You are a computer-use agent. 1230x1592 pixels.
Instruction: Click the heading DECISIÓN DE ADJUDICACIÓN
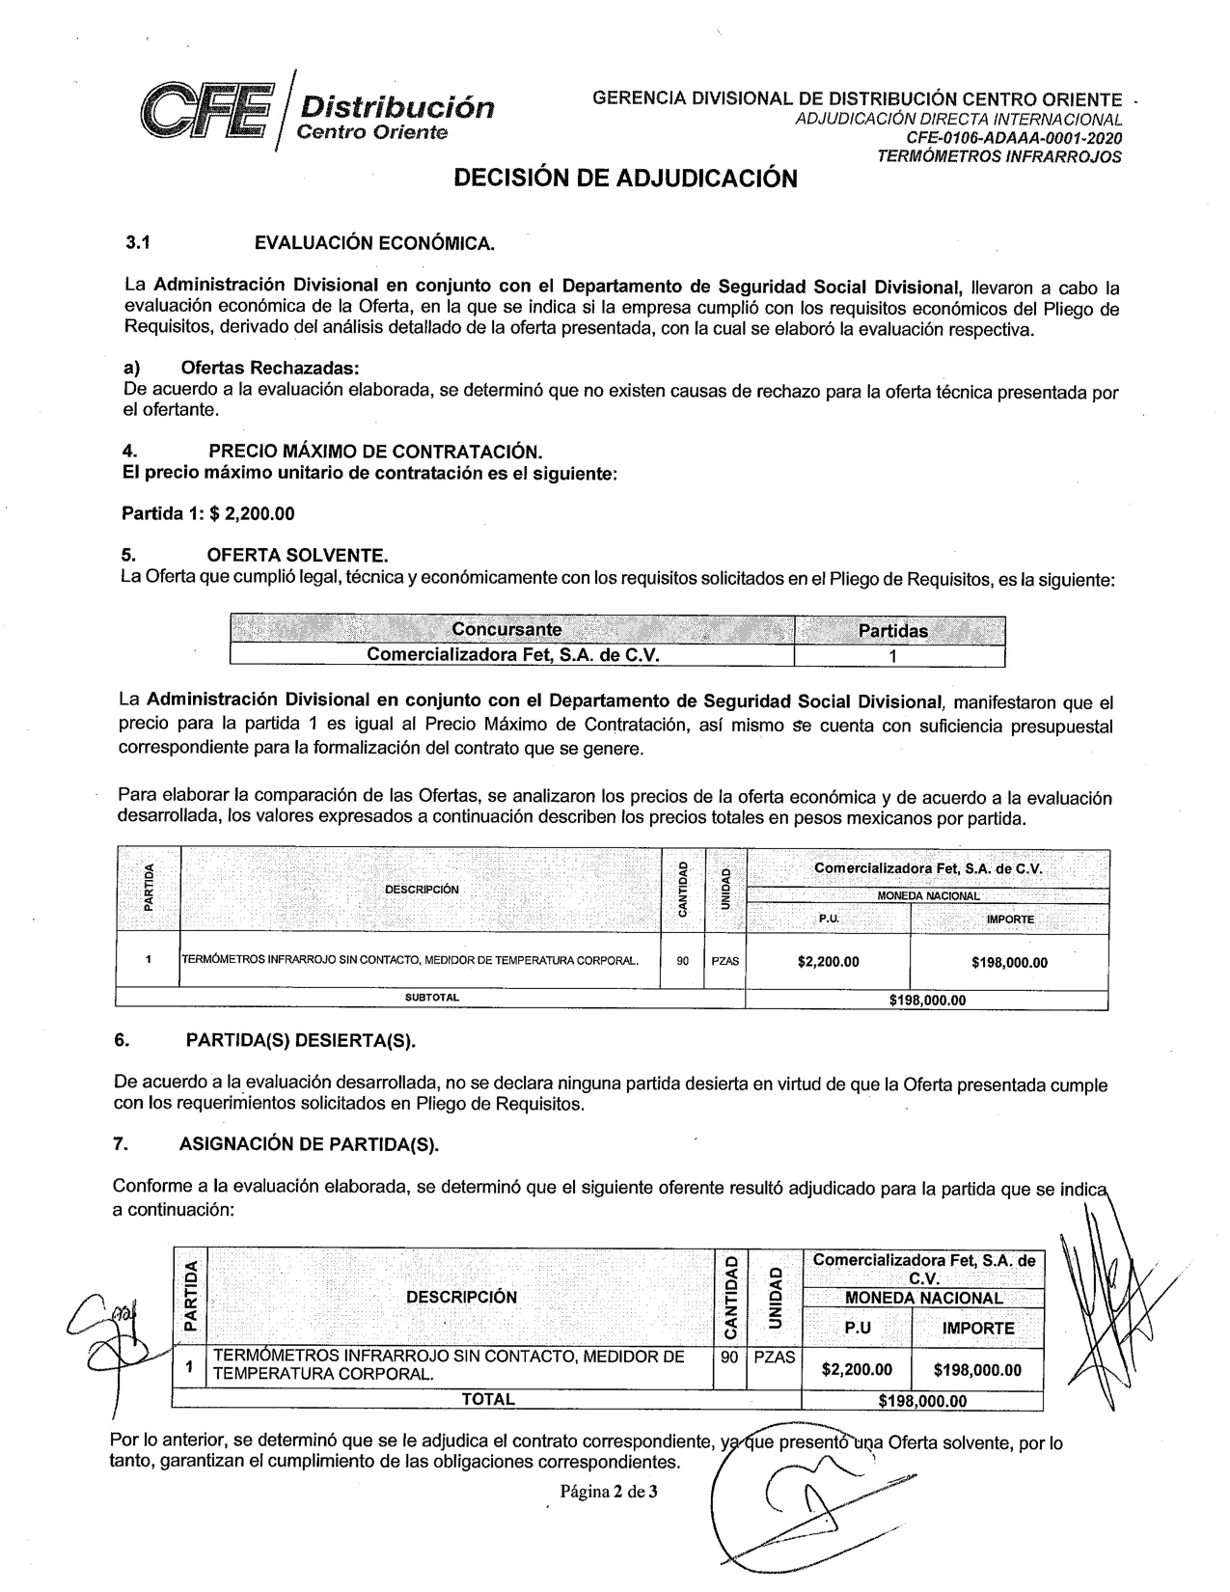click(x=625, y=178)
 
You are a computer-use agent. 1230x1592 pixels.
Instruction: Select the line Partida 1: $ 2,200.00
click(x=206, y=513)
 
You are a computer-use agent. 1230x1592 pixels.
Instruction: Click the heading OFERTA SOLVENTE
click(x=297, y=556)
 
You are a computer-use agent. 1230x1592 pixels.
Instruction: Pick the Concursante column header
click(x=506, y=630)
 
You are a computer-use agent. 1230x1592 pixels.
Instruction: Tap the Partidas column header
click(x=892, y=631)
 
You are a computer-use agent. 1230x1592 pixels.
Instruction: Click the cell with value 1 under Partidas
click(x=893, y=656)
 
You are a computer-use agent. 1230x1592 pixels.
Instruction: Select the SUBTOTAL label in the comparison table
click(x=431, y=998)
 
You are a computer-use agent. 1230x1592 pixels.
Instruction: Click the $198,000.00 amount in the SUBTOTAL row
click(x=926, y=1000)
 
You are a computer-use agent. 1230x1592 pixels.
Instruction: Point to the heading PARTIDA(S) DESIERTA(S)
click(x=300, y=1040)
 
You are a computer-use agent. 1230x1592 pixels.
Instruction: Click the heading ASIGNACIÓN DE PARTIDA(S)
click(x=309, y=1144)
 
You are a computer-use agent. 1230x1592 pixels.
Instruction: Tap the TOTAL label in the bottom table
click(x=487, y=1399)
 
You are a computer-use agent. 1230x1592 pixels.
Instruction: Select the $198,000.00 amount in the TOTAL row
click(x=922, y=1401)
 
